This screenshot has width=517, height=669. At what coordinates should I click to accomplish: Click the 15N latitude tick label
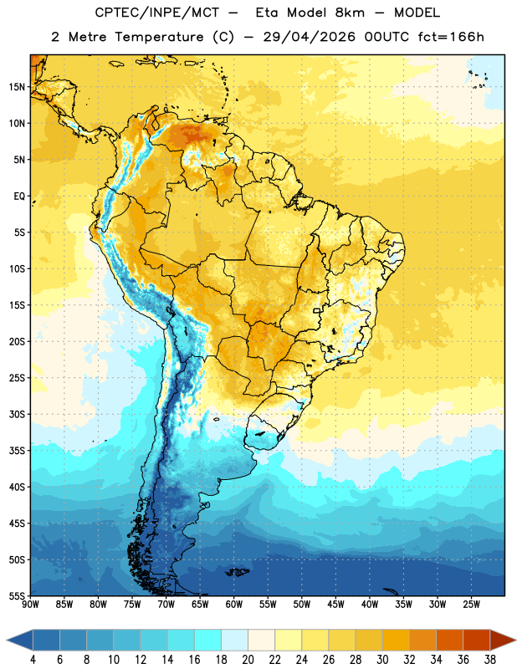tap(16, 87)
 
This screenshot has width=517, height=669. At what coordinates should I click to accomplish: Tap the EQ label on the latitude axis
tap(18, 197)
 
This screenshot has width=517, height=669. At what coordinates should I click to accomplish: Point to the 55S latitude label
tap(16, 595)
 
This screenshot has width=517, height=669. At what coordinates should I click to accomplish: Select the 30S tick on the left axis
tap(16, 414)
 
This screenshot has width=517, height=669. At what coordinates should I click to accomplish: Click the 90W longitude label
tap(31, 604)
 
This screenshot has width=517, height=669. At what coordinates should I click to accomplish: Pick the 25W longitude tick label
tap(472, 604)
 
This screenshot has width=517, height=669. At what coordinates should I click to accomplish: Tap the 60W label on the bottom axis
tap(234, 604)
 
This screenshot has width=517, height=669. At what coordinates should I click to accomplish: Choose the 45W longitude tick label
tap(336, 604)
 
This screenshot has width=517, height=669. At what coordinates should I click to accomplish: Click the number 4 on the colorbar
tap(33, 660)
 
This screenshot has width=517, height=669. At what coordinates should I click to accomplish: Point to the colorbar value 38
tap(490, 660)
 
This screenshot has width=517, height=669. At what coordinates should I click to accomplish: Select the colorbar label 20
tap(248, 660)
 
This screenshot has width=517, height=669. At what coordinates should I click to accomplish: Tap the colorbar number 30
tap(382, 660)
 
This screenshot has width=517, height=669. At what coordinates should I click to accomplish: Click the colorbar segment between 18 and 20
tap(234, 641)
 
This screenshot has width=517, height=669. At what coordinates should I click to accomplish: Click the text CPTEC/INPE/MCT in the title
tap(157, 13)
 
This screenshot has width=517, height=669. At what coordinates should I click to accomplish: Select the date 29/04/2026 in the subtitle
tap(310, 37)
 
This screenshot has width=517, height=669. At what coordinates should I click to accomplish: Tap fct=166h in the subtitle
tap(451, 37)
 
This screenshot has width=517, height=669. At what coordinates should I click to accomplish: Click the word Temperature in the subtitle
tap(159, 37)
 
